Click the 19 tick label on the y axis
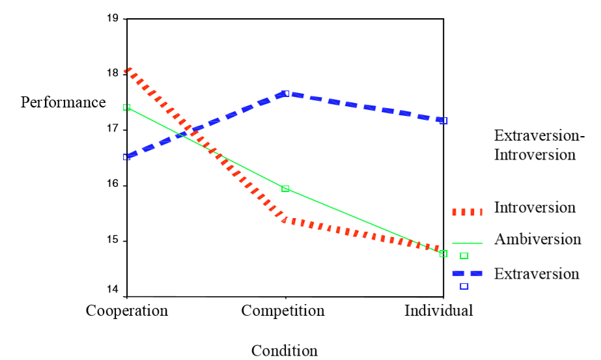[x=111, y=18]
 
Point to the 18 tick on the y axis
[x=111, y=74]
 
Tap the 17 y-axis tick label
[x=111, y=130]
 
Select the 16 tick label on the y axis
[x=111, y=185]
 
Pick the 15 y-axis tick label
[x=111, y=241]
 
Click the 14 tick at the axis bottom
[x=111, y=290]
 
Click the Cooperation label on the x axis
[x=127, y=311]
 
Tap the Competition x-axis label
[x=283, y=311]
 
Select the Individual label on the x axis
[x=438, y=311]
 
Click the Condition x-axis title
[x=285, y=351]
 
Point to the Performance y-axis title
[x=63, y=102]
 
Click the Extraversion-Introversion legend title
[x=539, y=145]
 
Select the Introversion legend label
[x=535, y=208]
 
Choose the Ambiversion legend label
[x=537, y=239]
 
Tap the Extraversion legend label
[x=537, y=273]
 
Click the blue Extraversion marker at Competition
[x=286, y=93]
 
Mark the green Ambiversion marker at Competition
[x=285, y=189]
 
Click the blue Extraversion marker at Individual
[x=443, y=120]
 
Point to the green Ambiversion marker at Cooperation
[x=127, y=107]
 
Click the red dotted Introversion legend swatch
[x=467, y=211]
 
